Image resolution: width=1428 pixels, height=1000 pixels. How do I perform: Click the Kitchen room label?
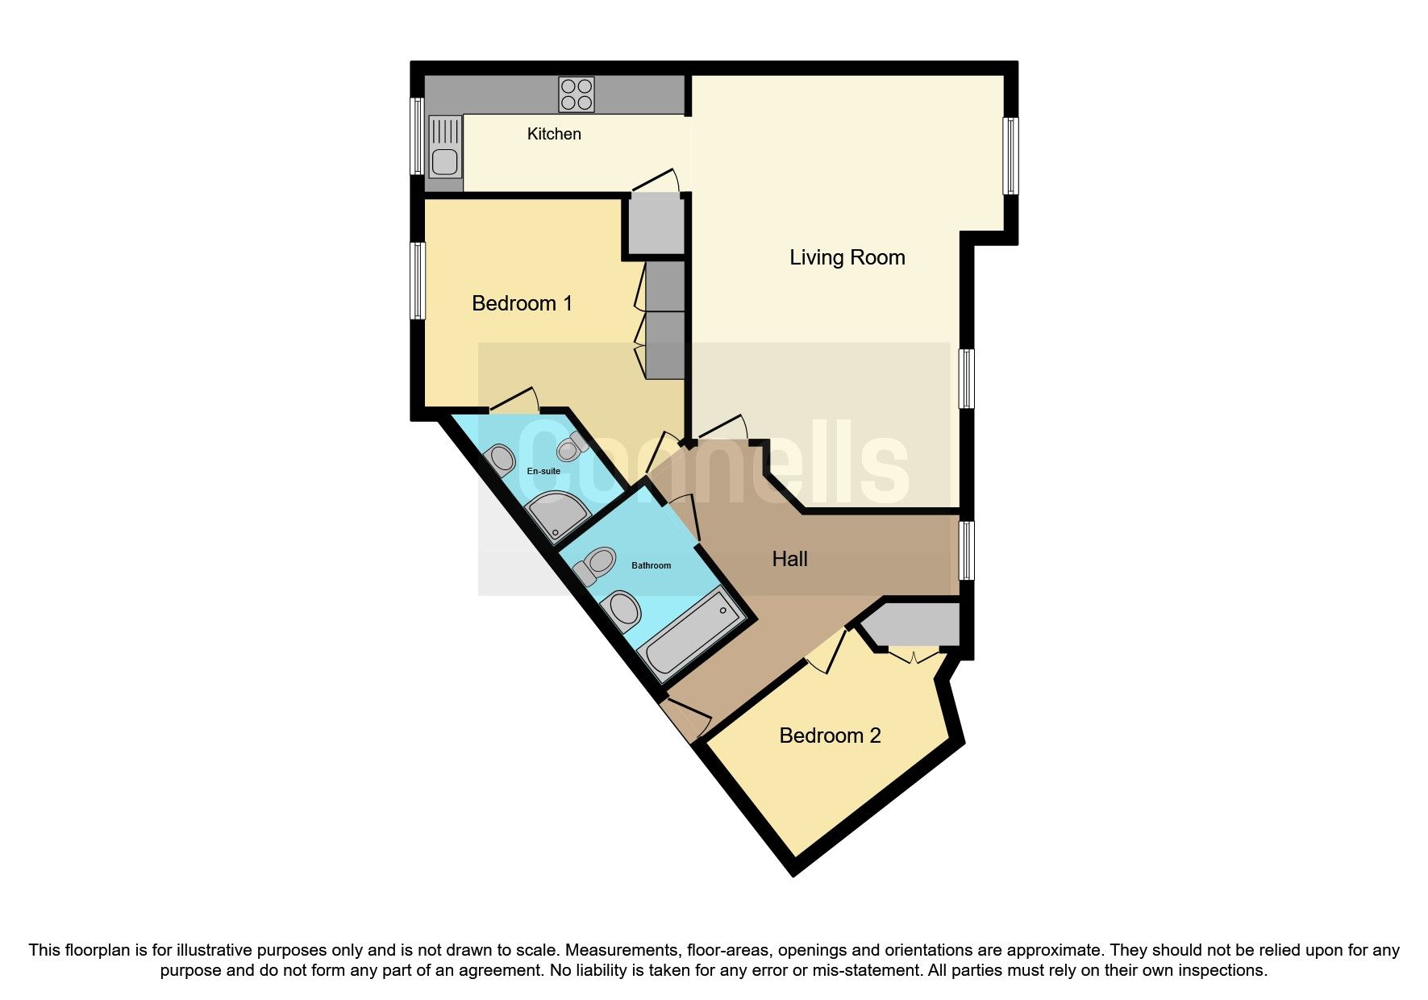point(554,134)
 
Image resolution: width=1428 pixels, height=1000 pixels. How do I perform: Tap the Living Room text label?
point(847,257)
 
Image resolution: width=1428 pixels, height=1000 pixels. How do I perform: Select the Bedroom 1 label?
point(522,303)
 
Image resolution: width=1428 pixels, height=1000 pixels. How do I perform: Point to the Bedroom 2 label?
point(830,735)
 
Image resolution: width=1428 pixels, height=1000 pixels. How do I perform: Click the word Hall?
point(789,559)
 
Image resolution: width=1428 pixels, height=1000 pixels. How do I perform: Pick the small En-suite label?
point(543,471)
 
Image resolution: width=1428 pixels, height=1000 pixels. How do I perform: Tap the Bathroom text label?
point(651,565)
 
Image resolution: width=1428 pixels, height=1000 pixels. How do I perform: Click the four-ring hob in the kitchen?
point(577,94)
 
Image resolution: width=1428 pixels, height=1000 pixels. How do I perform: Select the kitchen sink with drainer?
point(445,147)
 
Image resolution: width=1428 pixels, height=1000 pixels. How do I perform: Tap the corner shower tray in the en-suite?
point(556,515)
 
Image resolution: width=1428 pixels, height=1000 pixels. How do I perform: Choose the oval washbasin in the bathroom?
point(622,612)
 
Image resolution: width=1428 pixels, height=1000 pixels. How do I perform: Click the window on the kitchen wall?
point(417,135)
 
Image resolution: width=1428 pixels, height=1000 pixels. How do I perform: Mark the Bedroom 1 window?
point(417,281)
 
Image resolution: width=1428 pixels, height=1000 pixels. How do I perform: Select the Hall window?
point(966,550)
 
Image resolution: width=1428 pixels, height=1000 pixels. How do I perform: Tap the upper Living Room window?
point(1010,156)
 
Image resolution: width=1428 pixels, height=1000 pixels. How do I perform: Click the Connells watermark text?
point(714,464)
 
